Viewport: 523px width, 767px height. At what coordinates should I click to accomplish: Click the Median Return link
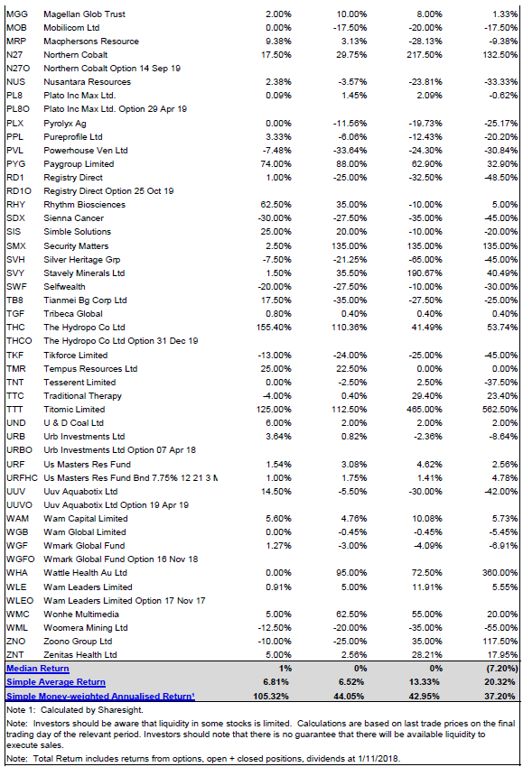[38, 668]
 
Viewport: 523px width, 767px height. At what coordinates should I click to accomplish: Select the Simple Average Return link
[56, 682]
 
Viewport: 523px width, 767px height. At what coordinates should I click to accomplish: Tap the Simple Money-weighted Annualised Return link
[100, 696]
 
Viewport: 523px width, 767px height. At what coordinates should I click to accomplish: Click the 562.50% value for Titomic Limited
[500, 410]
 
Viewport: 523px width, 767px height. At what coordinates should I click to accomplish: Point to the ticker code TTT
[14, 410]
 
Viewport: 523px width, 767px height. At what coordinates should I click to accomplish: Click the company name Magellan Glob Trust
[84, 14]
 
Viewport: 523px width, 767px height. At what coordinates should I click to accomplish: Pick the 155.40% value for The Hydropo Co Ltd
[274, 328]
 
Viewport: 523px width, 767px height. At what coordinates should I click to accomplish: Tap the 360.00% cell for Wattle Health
[500, 573]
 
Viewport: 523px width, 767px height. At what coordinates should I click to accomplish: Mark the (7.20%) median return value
[501, 668]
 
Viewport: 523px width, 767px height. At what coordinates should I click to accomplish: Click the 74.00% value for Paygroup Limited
[276, 164]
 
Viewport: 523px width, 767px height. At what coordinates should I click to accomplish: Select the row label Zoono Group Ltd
[78, 642]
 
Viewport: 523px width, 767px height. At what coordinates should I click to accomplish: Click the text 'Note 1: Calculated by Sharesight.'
[74, 710]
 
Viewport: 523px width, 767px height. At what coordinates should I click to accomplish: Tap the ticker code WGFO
[20, 559]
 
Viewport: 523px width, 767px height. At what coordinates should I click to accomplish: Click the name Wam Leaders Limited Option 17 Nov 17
[125, 601]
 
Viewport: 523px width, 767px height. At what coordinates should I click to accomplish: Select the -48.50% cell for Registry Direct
[501, 178]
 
